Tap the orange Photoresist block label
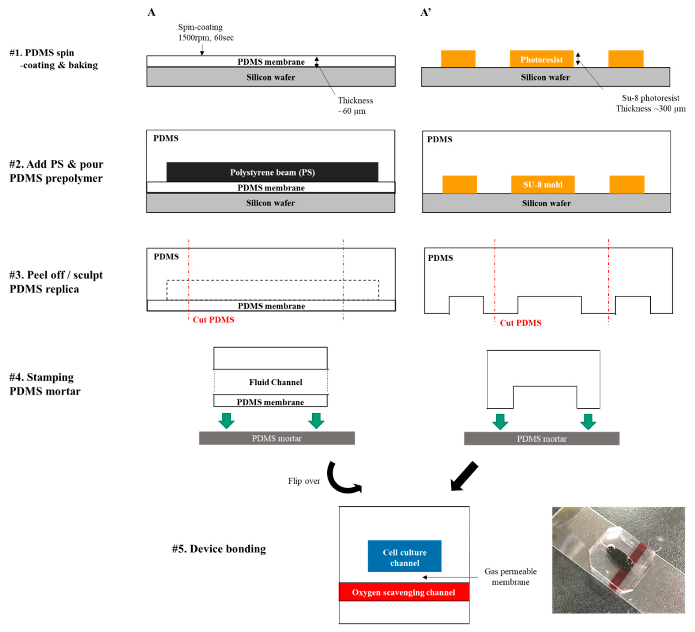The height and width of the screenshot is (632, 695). [541, 60]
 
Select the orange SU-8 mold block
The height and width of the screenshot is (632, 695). [543, 185]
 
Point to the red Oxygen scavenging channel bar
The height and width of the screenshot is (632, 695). [404, 592]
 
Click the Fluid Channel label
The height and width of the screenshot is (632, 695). [275, 382]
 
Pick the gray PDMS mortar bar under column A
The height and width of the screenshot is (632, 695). [277, 438]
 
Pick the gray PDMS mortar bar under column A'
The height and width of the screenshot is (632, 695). [541, 438]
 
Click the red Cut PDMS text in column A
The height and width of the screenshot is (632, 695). [213, 320]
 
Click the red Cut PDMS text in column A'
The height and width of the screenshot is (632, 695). [521, 323]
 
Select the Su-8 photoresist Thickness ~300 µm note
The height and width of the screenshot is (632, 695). [650, 103]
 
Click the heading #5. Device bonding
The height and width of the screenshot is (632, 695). [219, 549]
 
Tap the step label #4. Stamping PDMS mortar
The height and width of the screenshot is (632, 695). [45, 384]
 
